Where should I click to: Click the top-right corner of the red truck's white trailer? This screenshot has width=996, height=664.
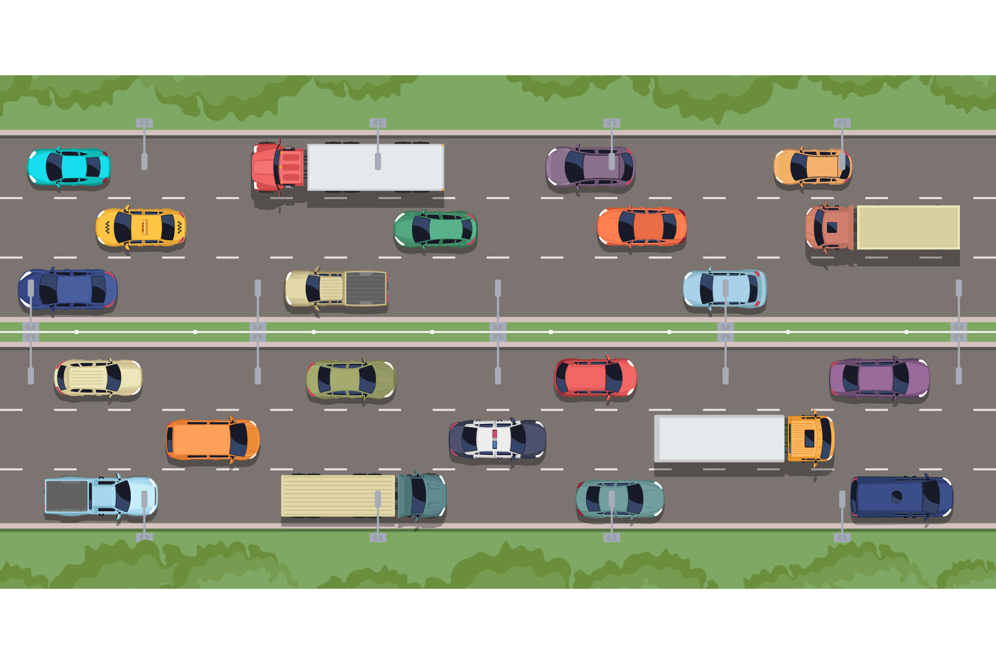pos(443,145)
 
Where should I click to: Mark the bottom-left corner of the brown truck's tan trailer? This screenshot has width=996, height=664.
pos(858,249)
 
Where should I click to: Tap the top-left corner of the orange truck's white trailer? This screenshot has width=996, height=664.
pos(655,416)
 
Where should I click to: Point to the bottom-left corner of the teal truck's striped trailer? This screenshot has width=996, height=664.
pos(282,516)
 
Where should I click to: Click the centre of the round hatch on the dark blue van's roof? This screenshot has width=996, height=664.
pos(896,497)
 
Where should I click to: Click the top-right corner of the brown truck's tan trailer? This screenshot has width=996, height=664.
pos(959,206)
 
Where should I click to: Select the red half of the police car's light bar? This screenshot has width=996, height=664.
pos(495,434)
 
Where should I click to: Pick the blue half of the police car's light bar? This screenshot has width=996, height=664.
pos(495,444)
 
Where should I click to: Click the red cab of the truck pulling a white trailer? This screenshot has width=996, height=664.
pos(277,167)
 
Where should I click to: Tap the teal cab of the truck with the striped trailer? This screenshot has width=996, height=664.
pos(422,496)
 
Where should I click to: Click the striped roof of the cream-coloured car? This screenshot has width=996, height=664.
pos(88,377)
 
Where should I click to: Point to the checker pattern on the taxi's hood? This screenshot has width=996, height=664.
pos(107,228)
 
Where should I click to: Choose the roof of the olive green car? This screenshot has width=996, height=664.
pos(345,379)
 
